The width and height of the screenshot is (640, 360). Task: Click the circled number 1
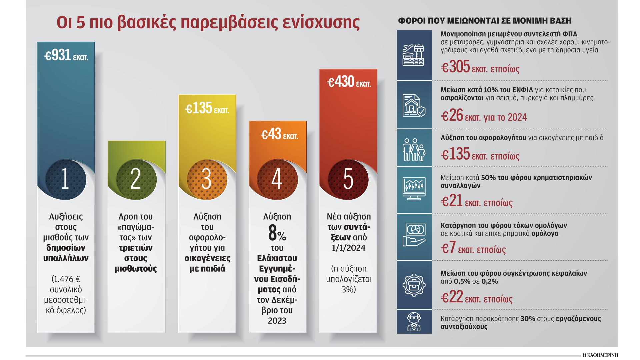click(65, 179)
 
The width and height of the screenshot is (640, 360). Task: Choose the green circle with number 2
click(136, 179)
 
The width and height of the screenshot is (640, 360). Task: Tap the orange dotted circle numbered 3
click(207, 179)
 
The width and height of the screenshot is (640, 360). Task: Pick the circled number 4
click(277, 179)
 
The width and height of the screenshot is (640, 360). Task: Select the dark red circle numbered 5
click(348, 179)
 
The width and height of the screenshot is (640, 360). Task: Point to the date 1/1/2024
click(349, 248)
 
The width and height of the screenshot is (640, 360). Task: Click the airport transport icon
click(414, 55)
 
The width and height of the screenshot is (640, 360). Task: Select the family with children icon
click(414, 150)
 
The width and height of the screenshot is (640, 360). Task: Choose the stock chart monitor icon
click(414, 189)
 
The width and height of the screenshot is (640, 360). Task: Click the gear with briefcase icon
click(414, 285)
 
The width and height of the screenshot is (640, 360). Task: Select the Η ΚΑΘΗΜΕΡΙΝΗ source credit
click(600, 355)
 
